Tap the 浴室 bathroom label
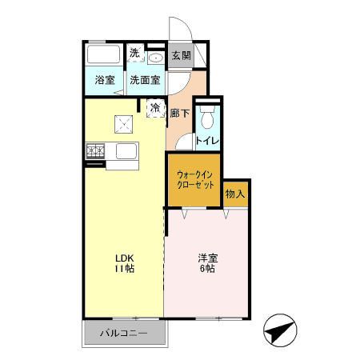point(104,80)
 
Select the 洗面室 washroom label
point(145,80)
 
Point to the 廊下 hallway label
point(179,114)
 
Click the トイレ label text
point(208,140)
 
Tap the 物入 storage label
point(235,194)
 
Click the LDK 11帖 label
point(124,263)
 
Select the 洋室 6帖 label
point(207,263)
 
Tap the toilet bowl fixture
point(208,119)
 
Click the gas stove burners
point(97,150)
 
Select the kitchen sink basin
point(127,151)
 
